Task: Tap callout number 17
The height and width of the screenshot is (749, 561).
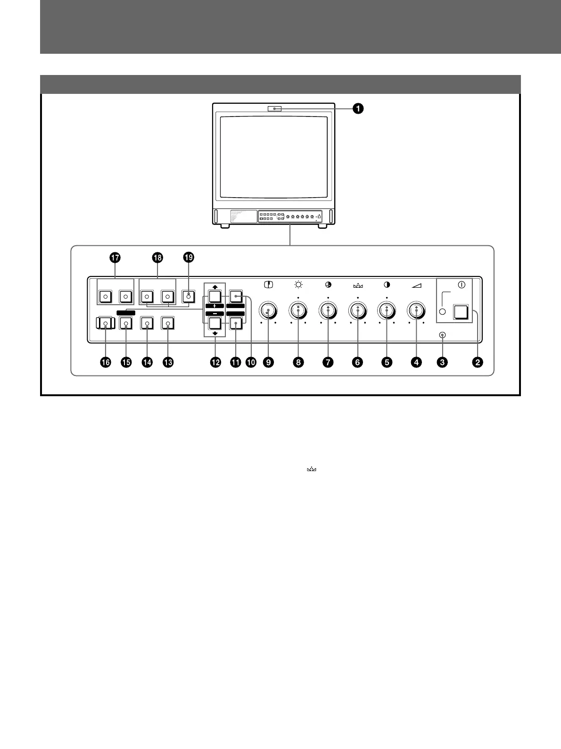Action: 115,258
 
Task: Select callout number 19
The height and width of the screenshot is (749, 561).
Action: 189,258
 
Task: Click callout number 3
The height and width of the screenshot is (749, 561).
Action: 442,362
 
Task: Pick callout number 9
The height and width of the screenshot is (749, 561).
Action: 269,362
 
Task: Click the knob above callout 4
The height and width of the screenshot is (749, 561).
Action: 416,310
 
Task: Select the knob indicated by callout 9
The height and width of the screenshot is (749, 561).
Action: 268,310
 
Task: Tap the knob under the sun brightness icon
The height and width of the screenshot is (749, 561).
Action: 298,310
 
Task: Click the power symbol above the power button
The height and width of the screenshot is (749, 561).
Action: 462,285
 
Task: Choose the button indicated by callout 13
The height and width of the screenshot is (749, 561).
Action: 167,324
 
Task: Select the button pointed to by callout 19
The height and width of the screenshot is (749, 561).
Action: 189,297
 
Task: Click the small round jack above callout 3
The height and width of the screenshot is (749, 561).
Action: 442,335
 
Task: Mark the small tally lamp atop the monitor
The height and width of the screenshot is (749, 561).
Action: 274,109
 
